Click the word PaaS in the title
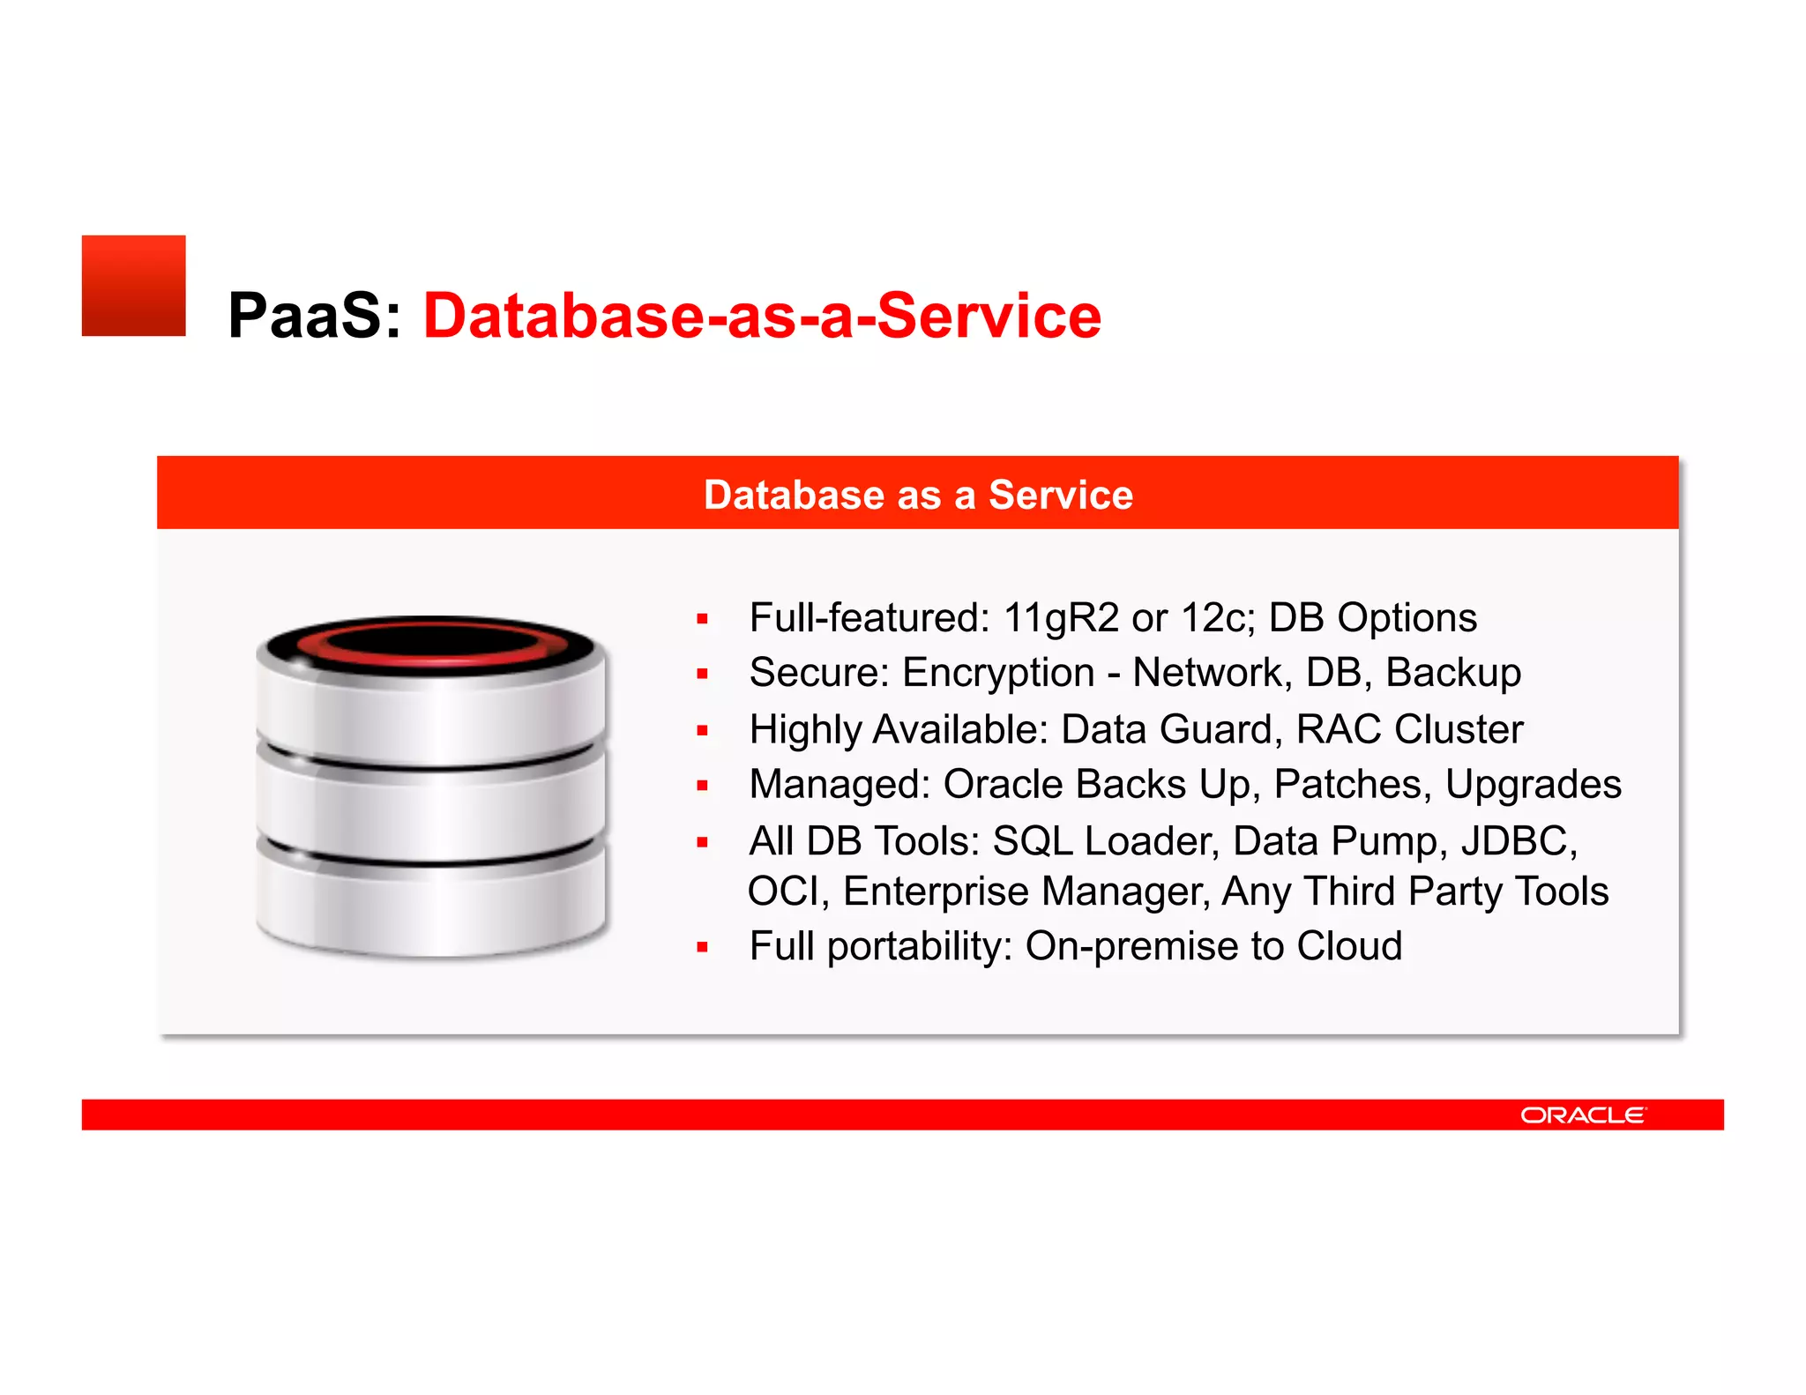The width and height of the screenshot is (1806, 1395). point(305,316)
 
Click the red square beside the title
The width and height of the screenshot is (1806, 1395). point(133,286)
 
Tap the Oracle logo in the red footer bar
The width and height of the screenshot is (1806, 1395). point(1583,1115)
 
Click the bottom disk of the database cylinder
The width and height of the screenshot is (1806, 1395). point(431,908)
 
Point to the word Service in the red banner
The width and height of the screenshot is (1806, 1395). point(1060,495)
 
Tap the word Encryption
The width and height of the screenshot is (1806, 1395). point(998,673)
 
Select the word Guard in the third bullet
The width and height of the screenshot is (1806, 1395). point(1220,729)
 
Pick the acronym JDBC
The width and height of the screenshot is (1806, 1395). point(1519,840)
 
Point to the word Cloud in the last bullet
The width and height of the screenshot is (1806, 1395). point(1349,946)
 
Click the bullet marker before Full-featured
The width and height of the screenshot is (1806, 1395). point(702,619)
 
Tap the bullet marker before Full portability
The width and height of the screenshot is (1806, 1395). point(702,948)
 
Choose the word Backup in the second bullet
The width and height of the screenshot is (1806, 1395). point(1453,673)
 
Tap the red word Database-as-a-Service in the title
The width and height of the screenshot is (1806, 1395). point(762,316)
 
